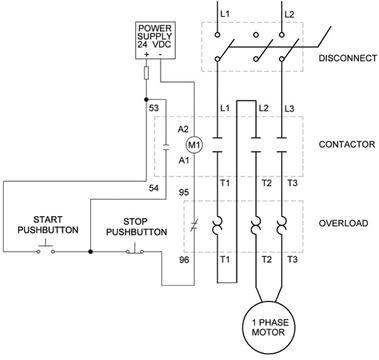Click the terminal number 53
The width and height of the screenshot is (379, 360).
coord(153,106)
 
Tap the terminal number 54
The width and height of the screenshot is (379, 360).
coord(153,187)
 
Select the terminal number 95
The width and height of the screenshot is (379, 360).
coord(184,191)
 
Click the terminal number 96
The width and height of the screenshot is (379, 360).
coord(184,260)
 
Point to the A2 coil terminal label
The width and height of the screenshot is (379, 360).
coord(183,129)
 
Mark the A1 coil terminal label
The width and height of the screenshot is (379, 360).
coord(183,158)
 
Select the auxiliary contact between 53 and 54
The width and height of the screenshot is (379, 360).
coord(164,146)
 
